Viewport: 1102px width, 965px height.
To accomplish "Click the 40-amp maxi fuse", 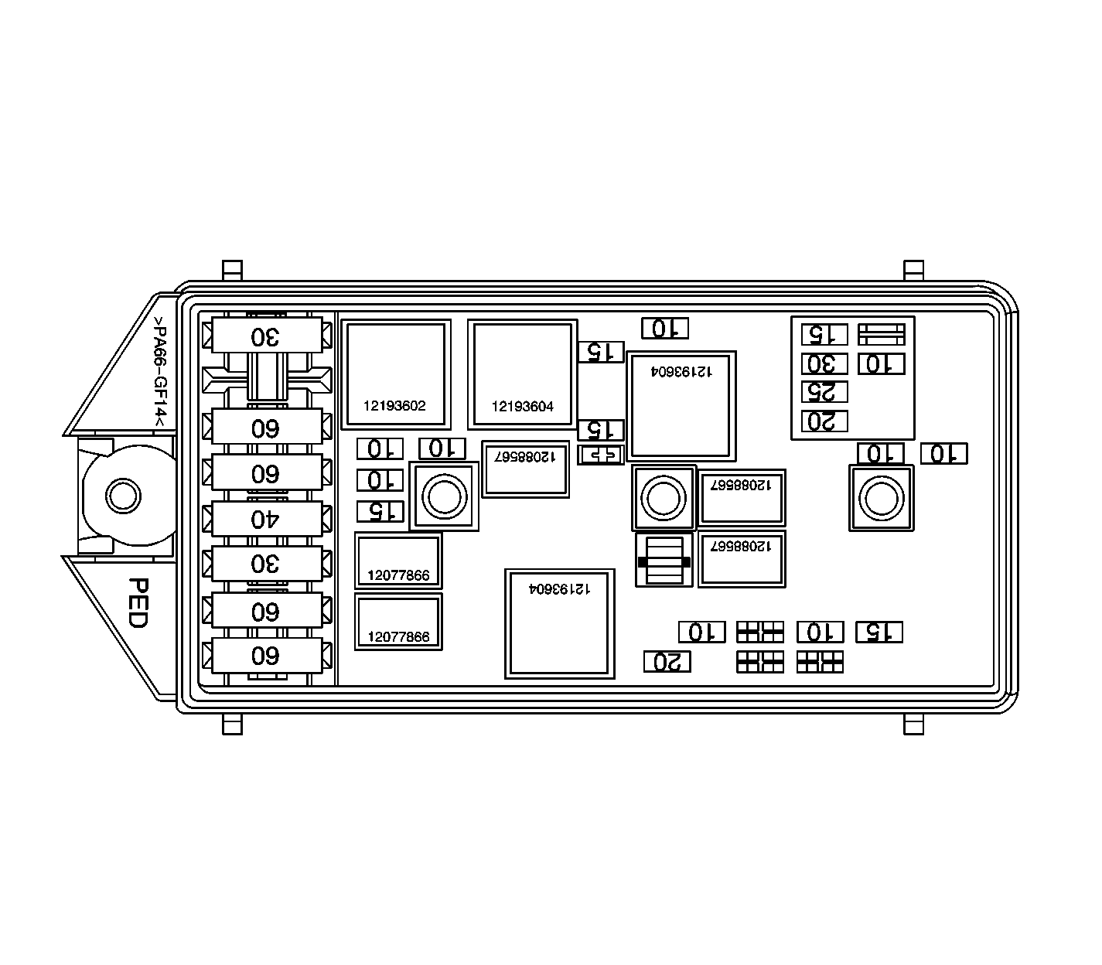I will pyautogui.click(x=266, y=518).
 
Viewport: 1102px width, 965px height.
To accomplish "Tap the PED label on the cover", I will pyautogui.click(x=138, y=602).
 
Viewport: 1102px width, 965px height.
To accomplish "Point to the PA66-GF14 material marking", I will pyautogui.click(x=159, y=371).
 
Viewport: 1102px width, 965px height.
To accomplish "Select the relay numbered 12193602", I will pyautogui.click(x=396, y=374).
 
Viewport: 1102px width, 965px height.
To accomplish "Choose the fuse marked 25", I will pyautogui.click(x=824, y=392).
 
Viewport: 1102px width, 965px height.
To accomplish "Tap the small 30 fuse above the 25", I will pyautogui.click(x=824, y=363).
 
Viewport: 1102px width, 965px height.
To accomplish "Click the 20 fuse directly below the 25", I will pyautogui.click(x=824, y=421).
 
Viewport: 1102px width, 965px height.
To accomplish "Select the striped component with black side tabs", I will pyautogui.click(x=664, y=560).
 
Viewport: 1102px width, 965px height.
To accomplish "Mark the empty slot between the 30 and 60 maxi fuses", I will pyautogui.click(x=266, y=380).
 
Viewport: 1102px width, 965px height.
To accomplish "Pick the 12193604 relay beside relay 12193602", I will pyautogui.click(x=523, y=374).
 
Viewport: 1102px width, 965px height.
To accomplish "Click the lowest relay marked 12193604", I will pyautogui.click(x=560, y=624).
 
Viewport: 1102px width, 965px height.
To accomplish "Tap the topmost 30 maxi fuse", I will pyautogui.click(x=266, y=336).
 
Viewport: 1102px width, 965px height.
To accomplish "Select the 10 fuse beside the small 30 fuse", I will pyautogui.click(x=881, y=363).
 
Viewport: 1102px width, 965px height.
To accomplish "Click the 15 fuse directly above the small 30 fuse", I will pyautogui.click(x=824, y=334).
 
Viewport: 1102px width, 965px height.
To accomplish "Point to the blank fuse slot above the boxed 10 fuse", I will pyautogui.click(x=882, y=334).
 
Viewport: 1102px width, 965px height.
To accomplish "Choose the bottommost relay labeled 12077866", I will pyautogui.click(x=398, y=622).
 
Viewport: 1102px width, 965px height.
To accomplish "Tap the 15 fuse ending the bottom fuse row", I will pyautogui.click(x=879, y=633).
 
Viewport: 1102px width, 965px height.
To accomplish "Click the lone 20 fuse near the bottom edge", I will pyautogui.click(x=667, y=662).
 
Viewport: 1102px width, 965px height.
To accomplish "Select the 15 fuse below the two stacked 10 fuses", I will pyautogui.click(x=380, y=511).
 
